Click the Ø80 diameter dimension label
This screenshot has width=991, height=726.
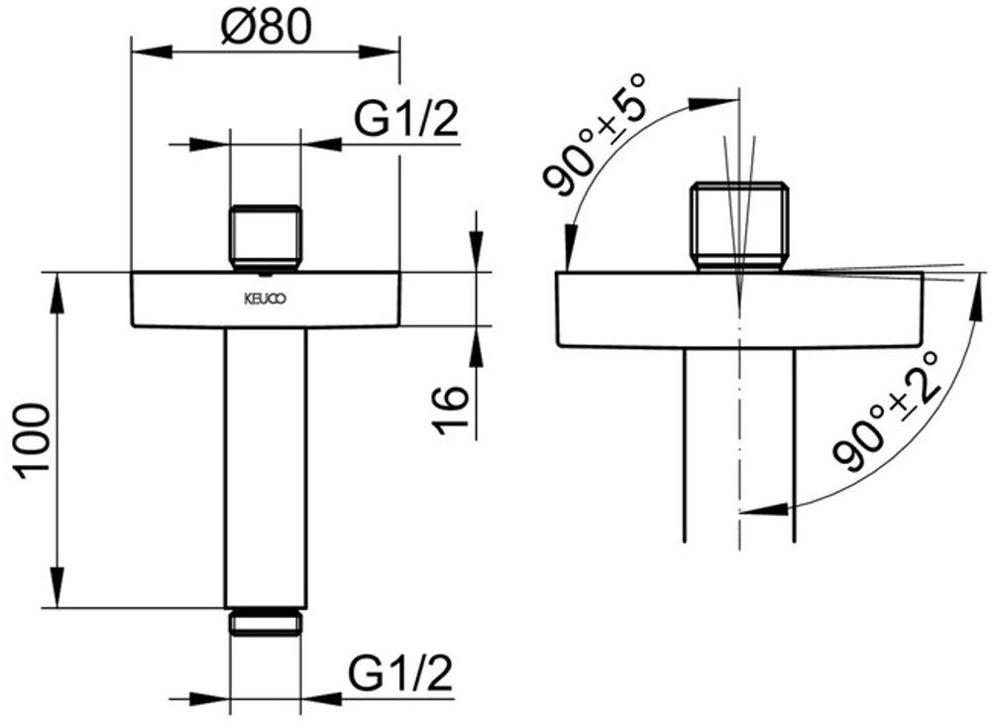(266, 27)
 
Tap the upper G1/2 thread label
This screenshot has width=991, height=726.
(406, 121)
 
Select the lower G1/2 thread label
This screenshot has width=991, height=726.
(400, 676)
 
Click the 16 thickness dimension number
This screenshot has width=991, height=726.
(451, 411)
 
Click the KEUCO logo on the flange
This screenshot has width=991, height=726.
(265, 298)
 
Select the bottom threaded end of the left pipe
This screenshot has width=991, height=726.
(265, 622)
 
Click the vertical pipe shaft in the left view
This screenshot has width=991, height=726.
(265, 466)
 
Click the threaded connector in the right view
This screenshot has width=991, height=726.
(739, 226)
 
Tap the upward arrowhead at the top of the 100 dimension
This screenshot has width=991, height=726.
(57, 285)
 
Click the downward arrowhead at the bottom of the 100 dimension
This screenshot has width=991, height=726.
(57, 593)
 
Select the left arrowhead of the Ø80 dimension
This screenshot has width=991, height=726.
(144, 53)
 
